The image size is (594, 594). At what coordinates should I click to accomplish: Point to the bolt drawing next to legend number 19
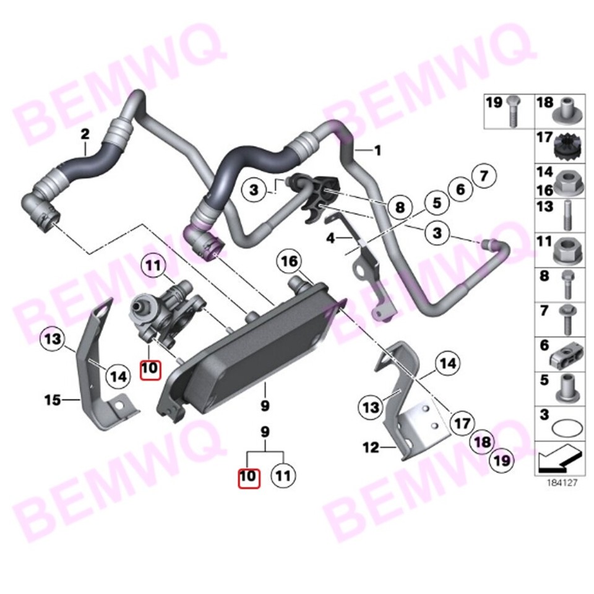tap(513, 111)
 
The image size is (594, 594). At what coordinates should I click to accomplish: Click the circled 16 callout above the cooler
tap(290, 262)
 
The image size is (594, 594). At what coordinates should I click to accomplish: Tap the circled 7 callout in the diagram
tap(484, 176)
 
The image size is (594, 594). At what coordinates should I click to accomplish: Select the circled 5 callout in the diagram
tap(436, 202)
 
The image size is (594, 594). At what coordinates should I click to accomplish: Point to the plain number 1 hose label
tap(377, 150)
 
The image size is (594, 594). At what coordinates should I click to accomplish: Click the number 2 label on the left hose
tap(85, 133)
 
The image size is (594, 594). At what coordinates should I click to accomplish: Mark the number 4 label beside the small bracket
tap(330, 238)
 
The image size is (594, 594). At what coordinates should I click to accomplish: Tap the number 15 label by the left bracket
tap(52, 400)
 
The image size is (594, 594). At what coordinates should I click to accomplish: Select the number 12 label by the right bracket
tap(370, 447)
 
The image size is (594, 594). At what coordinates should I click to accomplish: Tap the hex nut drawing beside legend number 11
tap(566, 249)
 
